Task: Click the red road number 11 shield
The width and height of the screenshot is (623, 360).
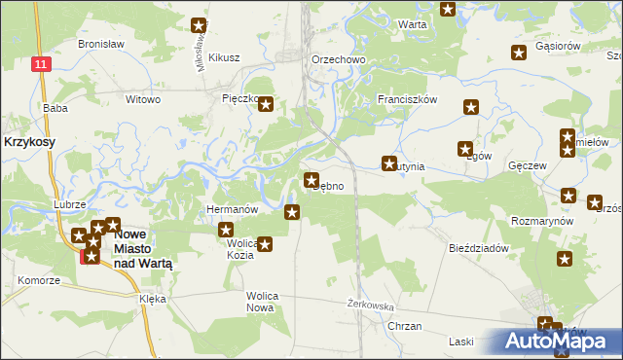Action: click(39, 63)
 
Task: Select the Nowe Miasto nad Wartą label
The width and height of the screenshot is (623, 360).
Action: click(146, 248)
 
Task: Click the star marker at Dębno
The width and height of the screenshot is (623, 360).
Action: click(311, 180)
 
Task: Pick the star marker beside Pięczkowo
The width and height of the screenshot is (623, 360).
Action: click(266, 104)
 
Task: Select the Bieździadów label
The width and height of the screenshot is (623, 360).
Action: click(479, 248)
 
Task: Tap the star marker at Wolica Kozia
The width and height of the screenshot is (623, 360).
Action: click(265, 244)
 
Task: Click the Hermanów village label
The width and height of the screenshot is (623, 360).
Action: click(232, 209)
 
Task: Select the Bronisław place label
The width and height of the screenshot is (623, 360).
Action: click(97, 46)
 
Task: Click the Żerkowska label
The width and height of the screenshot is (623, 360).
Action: click(370, 305)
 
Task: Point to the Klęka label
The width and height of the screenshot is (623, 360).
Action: click(152, 301)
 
